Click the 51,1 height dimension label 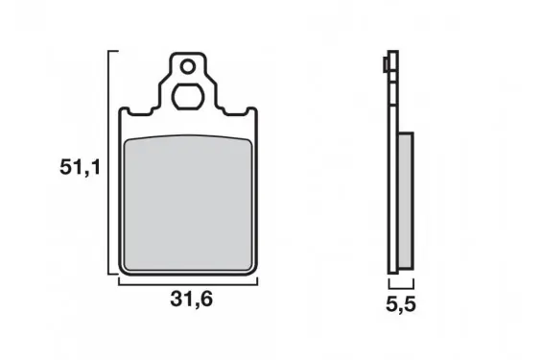(x=81, y=168)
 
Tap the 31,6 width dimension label (x=192, y=300)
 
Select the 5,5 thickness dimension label (x=401, y=304)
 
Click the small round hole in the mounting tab (x=188, y=67)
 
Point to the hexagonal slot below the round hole (x=188, y=96)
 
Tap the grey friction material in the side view (x=406, y=201)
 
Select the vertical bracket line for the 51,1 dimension (x=109, y=162)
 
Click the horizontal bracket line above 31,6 (x=188, y=284)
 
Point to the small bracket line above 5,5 (x=401, y=287)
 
